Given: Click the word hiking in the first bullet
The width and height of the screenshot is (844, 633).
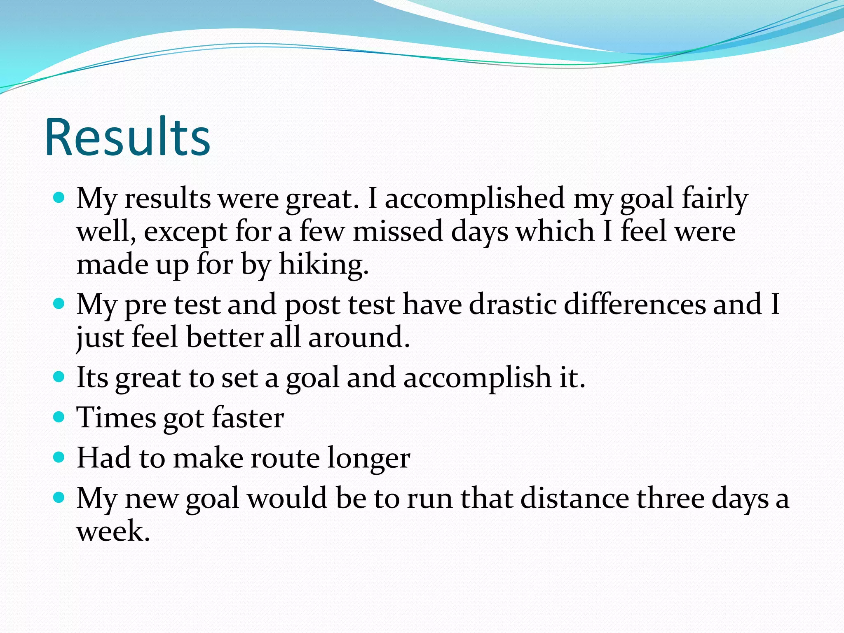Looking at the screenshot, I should pos(323,264).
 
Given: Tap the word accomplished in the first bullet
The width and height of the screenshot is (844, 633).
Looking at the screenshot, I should pos(474,198).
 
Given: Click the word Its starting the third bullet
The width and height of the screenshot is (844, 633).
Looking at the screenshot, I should pos(92,377).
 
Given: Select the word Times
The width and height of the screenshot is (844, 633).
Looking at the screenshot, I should pos(116,418).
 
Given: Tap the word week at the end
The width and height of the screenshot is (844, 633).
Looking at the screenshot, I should pos(112,531).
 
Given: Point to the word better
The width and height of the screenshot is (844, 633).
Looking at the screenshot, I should pos(225,338).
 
